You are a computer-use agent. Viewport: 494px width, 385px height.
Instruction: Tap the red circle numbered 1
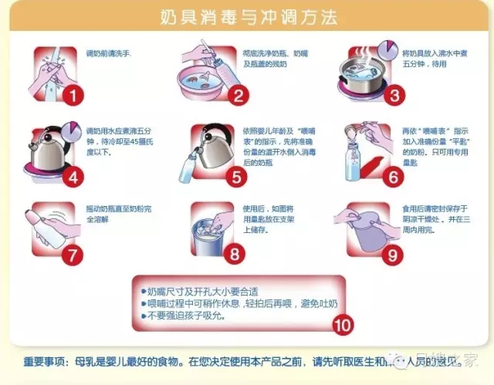pyautogui.click(x=73, y=96)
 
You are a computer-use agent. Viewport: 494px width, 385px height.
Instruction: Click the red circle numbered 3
pyautogui.click(x=394, y=96)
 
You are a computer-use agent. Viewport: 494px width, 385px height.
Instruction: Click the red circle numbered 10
pyautogui.click(x=343, y=324)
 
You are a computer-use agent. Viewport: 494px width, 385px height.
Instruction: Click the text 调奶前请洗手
pyautogui.click(x=108, y=53)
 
